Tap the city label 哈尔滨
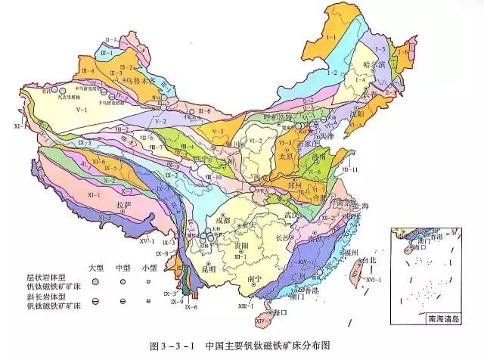pos(375,64)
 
